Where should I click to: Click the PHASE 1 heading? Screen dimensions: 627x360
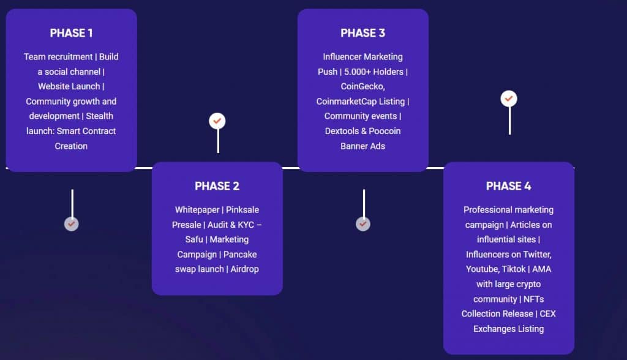(x=71, y=33)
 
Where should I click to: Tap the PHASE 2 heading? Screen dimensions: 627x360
(x=217, y=186)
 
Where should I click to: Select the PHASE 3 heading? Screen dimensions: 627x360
(x=362, y=33)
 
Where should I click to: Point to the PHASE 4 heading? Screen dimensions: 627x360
(x=509, y=186)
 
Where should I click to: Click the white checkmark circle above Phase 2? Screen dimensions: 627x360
(x=217, y=121)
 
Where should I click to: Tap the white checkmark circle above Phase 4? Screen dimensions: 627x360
(x=509, y=99)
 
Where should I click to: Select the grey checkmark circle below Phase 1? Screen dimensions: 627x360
(x=71, y=224)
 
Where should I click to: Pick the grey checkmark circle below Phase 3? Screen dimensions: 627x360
(x=362, y=224)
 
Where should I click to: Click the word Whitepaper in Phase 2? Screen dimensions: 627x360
(x=197, y=210)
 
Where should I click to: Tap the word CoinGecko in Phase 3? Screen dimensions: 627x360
(x=362, y=86)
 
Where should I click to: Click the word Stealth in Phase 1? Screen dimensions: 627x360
(x=100, y=116)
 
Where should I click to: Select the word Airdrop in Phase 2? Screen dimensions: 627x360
(x=245, y=269)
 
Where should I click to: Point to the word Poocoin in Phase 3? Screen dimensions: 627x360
(x=385, y=131)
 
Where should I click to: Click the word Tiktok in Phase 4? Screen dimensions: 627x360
(x=514, y=269)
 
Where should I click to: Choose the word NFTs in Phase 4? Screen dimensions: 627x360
(x=534, y=299)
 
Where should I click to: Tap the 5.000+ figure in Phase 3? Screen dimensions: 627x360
(x=357, y=72)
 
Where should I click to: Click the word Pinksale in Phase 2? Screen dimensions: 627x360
(x=242, y=210)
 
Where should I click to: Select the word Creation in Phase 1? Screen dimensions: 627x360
(x=71, y=146)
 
